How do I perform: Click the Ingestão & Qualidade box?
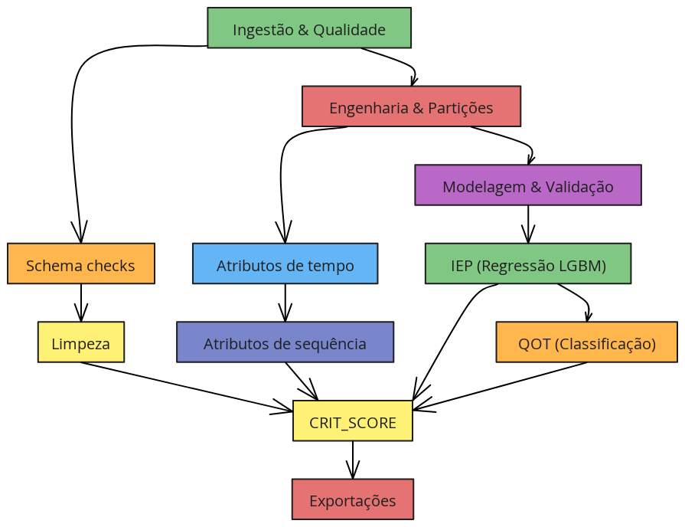309,28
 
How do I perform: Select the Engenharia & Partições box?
411,106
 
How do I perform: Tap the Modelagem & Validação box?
528,185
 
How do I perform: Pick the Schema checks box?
81,263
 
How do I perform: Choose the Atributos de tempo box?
285,263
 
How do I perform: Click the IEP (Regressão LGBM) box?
528,263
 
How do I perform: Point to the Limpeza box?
81,342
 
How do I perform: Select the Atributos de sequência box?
285,342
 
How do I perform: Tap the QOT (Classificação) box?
587,342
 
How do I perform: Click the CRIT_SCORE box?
353,421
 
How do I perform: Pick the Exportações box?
353,499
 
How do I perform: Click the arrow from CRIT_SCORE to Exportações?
353,460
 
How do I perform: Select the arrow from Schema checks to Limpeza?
81,303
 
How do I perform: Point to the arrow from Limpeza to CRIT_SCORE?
187,387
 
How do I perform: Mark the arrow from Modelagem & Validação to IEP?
528,224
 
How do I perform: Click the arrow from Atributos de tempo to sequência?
285,303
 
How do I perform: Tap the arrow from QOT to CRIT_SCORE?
499,386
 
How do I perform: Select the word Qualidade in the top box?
350,30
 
